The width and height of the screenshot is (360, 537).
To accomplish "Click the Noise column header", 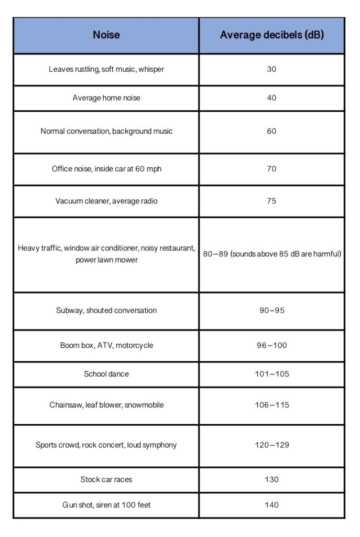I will [x=106, y=35].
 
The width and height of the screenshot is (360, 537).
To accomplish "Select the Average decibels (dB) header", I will [x=271, y=35].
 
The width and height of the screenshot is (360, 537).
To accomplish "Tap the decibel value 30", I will [x=271, y=69].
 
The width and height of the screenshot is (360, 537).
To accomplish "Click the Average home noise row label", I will [x=106, y=98].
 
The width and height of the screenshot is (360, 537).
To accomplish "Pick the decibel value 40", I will [x=271, y=98].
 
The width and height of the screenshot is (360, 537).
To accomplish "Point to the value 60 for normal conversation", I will [x=271, y=131].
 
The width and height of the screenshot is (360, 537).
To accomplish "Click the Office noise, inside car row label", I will [x=106, y=169].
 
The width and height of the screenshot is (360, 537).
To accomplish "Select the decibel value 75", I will [x=271, y=201].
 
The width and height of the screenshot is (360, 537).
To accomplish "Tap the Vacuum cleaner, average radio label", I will [x=106, y=201].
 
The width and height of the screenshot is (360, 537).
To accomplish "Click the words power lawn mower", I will [x=106, y=260].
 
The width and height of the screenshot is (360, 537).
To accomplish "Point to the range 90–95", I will [x=271, y=310].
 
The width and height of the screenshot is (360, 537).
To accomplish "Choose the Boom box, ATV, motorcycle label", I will [x=106, y=346].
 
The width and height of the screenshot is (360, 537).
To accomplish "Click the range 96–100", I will [x=271, y=346].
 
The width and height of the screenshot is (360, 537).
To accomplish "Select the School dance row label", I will [x=106, y=374].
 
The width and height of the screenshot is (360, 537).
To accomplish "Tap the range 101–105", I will [x=271, y=374].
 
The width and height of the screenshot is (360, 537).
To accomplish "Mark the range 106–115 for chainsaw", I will [x=271, y=405].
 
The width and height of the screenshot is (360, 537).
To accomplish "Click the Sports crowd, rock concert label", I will [x=106, y=445].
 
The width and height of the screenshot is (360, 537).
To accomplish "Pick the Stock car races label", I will [x=106, y=479].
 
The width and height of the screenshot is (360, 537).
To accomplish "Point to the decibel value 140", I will [x=271, y=505].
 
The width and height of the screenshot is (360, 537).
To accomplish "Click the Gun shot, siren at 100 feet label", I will [x=106, y=505].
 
